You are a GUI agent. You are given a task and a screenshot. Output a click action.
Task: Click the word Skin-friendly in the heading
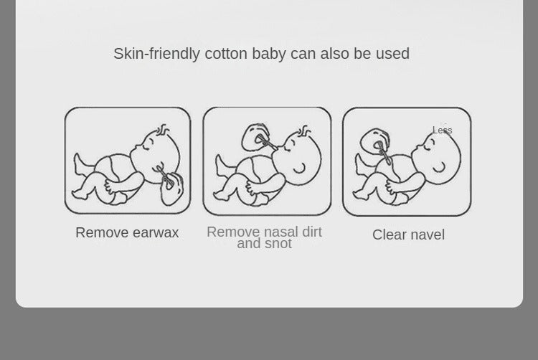click(156, 54)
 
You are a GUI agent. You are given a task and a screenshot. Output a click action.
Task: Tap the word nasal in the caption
click(280, 232)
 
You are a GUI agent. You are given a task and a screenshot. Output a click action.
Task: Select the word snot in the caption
click(278, 243)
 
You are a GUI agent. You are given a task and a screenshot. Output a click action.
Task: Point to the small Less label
click(443, 131)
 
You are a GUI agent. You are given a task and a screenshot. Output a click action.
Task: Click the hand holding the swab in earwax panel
click(172, 189)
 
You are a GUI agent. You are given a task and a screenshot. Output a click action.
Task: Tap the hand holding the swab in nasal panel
click(255, 137)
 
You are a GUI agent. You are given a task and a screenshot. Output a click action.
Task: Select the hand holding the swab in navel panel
click(374, 142)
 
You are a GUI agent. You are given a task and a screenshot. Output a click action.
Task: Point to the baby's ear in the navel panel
click(439, 168)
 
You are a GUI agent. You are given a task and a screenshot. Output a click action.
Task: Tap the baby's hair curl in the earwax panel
click(163, 129)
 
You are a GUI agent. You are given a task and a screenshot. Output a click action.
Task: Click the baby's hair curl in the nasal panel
click(305, 131)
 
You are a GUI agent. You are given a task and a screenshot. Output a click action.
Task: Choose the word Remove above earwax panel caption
click(102, 233)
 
